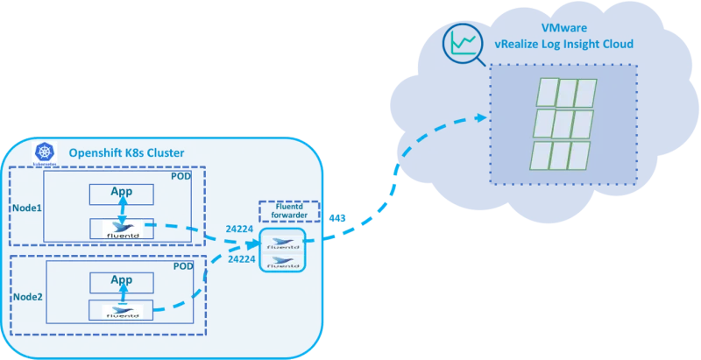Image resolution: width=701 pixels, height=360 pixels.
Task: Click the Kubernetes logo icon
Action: pos(44,152)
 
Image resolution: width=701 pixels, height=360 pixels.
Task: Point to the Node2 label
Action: pos(26,296)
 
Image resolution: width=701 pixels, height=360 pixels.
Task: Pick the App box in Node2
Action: pos(121,281)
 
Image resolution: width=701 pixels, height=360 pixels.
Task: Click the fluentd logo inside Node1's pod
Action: pos(122,229)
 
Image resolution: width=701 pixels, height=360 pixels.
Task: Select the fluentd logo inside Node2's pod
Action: pos(122,311)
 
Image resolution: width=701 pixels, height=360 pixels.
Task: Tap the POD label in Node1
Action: pos(182,177)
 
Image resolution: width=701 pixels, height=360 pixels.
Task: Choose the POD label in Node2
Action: pos(183,266)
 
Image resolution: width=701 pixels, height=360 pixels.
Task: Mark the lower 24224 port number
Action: pos(241,259)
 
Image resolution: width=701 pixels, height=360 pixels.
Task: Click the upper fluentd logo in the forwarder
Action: pos(282,243)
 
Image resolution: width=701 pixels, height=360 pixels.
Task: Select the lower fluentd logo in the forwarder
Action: pos(282,260)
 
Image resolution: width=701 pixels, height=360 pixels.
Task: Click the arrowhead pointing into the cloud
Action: pos(480,116)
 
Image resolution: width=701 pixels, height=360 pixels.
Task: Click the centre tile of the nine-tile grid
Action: pos(563,123)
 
